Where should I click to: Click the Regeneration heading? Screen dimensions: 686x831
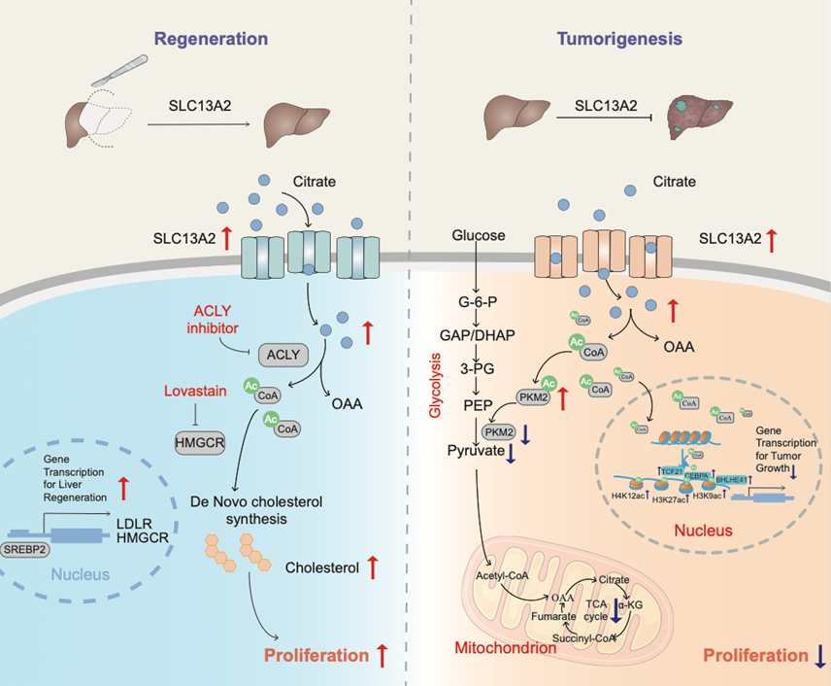click(211, 39)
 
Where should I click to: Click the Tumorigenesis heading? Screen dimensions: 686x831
click(619, 39)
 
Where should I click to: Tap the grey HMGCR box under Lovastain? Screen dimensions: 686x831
click(197, 440)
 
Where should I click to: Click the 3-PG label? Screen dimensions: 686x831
click(475, 369)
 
